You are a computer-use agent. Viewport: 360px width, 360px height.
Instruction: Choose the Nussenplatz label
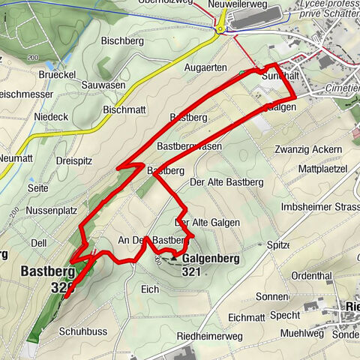[52, 211]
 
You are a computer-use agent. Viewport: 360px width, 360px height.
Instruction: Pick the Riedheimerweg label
[214, 337]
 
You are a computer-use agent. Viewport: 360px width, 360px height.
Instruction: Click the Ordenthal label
[310, 274]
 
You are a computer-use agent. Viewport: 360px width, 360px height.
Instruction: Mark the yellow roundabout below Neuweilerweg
[220, 31]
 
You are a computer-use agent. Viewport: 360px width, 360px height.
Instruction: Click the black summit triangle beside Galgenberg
[174, 258]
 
